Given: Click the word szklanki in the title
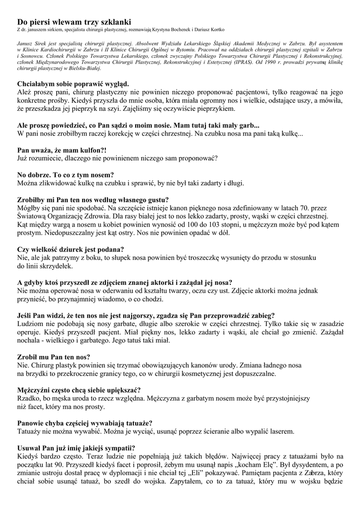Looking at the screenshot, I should coord(114,22).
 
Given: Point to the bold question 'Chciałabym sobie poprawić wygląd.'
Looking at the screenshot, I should coord(73,84).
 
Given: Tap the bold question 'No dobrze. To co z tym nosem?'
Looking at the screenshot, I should coord(66,175).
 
